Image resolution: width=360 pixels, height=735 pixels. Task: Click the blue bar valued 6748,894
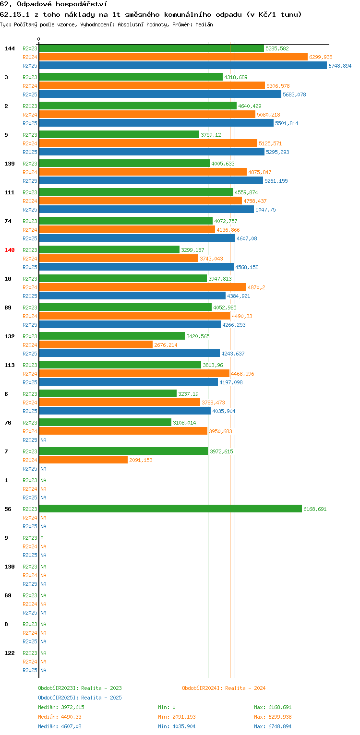point(183,66)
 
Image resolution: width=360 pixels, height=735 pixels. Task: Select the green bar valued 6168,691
point(170,509)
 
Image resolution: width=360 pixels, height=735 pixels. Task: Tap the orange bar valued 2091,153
point(84,460)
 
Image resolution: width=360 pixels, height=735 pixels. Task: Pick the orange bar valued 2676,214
point(96,345)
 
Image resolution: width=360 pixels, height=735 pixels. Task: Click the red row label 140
point(10,250)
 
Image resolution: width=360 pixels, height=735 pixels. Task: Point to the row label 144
point(10,48)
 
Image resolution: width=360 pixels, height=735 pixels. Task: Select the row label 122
point(10,653)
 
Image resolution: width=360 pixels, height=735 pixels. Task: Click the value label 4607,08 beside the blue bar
point(247,238)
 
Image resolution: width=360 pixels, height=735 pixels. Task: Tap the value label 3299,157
point(192,250)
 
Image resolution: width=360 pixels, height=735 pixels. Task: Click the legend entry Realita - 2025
point(101,698)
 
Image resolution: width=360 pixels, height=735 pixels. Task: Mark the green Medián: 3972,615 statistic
point(61,707)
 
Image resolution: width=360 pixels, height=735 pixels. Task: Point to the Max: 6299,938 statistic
point(273,717)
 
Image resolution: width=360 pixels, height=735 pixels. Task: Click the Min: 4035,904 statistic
point(177,726)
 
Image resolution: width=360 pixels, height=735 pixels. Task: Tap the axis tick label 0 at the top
point(39,39)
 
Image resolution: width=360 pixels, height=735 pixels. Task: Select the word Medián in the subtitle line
point(204,24)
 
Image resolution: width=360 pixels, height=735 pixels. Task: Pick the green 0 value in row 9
point(42,538)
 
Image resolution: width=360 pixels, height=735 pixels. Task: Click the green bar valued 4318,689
point(131,77)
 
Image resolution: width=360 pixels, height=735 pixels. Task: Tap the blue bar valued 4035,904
point(125,411)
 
